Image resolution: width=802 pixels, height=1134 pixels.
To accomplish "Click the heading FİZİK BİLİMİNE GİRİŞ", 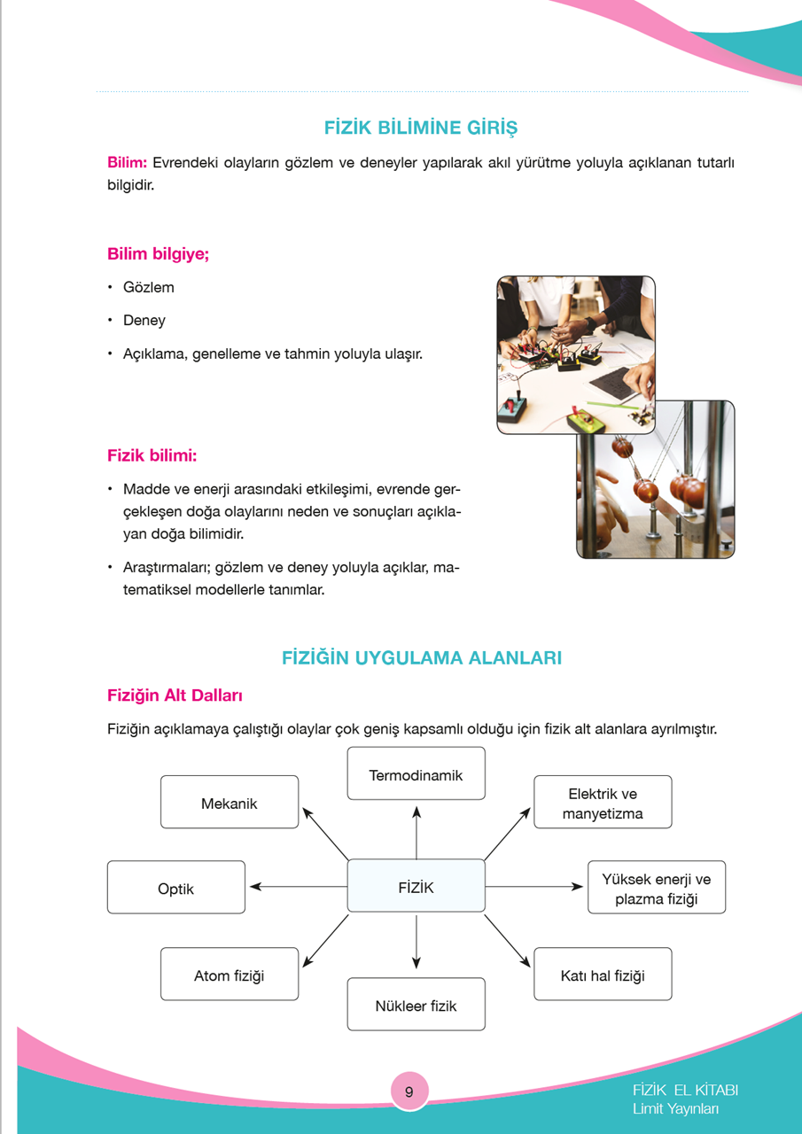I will point(421,127).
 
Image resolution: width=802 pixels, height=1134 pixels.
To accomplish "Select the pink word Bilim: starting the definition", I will point(127,163).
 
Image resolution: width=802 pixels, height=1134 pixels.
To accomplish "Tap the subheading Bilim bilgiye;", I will point(158,254).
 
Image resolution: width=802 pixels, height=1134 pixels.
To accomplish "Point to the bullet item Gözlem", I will point(149,287).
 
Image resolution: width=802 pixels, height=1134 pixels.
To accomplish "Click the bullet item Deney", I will point(144,321).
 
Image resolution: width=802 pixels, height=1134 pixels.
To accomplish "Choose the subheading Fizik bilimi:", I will point(152,455).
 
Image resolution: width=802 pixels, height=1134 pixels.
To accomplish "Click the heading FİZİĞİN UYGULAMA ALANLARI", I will point(421,658).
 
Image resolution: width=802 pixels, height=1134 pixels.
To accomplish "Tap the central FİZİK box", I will point(416,886).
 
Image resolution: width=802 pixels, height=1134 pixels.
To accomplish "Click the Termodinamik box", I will point(416,774).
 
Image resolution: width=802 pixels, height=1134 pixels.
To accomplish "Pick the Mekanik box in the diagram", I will point(230,803).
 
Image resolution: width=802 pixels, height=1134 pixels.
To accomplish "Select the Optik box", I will point(175,888).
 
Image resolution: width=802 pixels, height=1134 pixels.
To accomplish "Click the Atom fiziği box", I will point(230,975).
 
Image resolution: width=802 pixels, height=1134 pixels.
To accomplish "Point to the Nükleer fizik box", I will point(416,1005).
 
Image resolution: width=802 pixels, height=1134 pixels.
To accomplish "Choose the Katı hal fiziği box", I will point(603,975).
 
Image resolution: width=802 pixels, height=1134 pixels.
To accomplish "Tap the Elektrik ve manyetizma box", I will point(603,803).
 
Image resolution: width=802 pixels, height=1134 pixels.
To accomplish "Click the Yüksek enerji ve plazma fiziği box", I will point(657,888).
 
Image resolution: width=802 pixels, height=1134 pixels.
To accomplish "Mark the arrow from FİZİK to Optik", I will point(297,886).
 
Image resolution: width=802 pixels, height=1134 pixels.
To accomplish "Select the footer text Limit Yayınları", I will point(675,1109).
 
